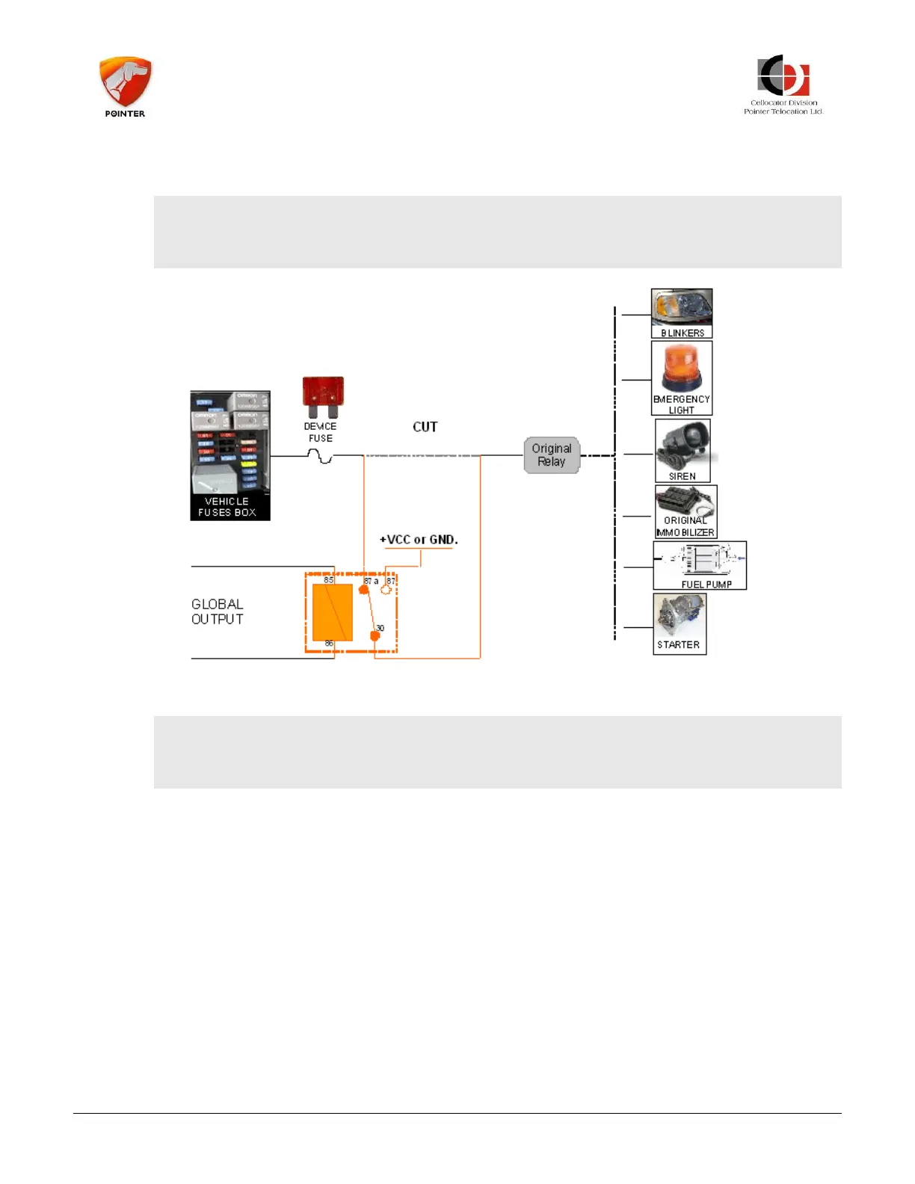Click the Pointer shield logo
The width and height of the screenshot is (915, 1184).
pos(125,82)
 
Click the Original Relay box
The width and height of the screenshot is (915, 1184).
pos(552,455)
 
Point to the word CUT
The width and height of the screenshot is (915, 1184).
pos(425,427)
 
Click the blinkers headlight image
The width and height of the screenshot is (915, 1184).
pos(682,309)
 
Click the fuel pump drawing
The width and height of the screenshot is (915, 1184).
pos(700,561)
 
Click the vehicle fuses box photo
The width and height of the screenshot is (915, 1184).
pos(229,448)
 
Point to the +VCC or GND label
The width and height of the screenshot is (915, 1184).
pos(419,540)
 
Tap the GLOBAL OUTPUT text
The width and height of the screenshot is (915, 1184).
pos(217,611)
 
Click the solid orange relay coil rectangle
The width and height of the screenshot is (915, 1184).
pos(333,612)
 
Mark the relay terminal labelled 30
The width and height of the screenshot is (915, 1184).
pos(375,636)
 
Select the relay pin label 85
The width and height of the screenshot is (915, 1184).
pos(328,580)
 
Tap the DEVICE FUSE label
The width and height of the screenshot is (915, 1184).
pos(320,432)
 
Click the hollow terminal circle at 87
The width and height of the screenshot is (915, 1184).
pos(386,589)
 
